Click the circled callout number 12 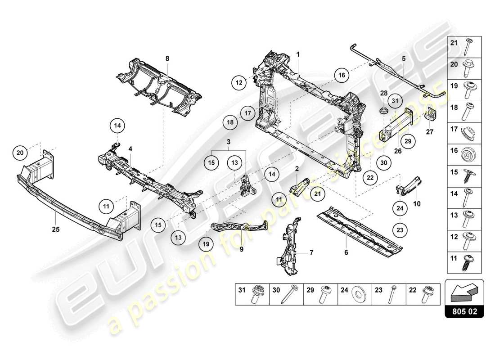click(x=239, y=83)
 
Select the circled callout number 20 click(x=20, y=153)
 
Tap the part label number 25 click(x=55, y=229)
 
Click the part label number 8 click(x=167, y=58)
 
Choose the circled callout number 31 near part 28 click(x=394, y=101)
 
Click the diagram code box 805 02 click(x=464, y=310)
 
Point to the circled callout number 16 click(x=342, y=76)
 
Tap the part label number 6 click(x=346, y=253)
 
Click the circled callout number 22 click(x=370, y=178)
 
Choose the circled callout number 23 click(x=400, y=229)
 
